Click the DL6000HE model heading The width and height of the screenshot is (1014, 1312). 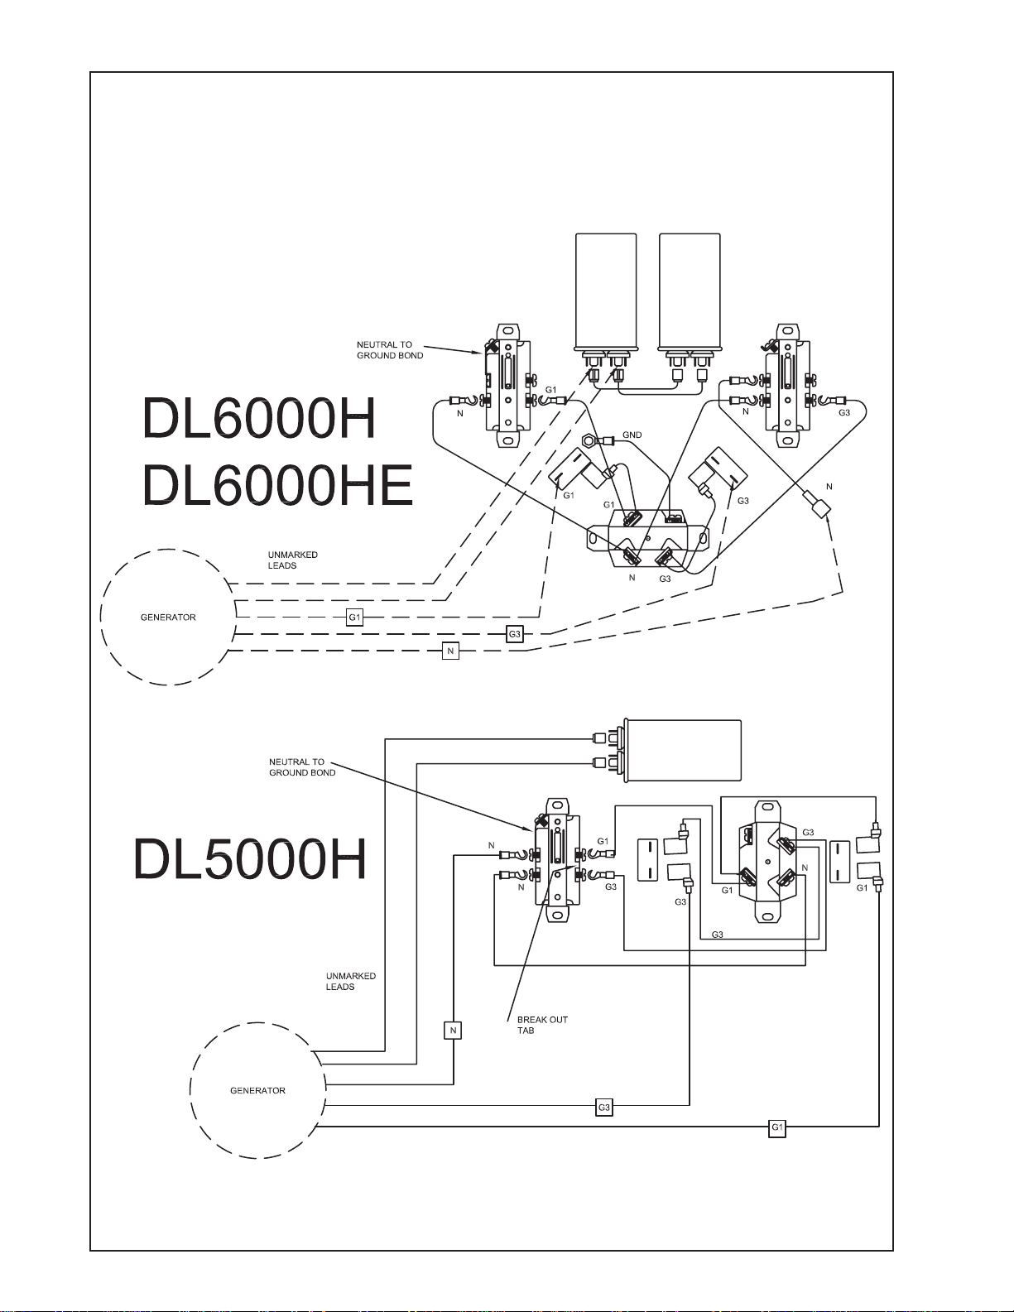tap(277, 485)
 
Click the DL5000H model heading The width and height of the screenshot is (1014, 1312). tap(250, 859)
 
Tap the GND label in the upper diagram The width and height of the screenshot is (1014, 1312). tap(632, 435)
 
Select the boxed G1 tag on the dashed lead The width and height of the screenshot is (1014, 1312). tap(354, 617)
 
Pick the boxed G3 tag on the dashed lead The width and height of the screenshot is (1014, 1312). tap(514, 634)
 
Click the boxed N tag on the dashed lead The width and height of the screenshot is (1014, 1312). tap(450, 651)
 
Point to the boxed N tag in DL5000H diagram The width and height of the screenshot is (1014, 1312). tap(453, 1030)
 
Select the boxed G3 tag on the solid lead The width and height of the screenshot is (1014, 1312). tap(603, 1108)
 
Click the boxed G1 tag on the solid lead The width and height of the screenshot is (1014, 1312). tap(776, 1127)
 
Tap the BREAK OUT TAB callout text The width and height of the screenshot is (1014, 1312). tap(542, 1025)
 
